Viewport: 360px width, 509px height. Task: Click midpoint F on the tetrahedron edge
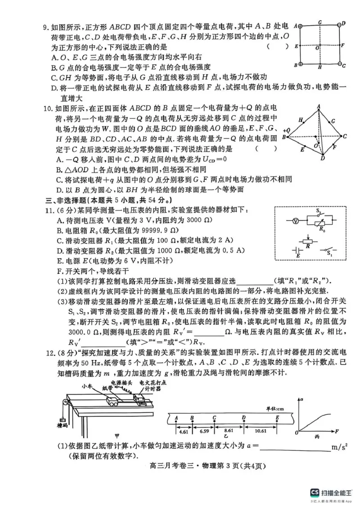[333, 146]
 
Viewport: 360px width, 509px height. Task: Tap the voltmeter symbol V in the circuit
[295, 221]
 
